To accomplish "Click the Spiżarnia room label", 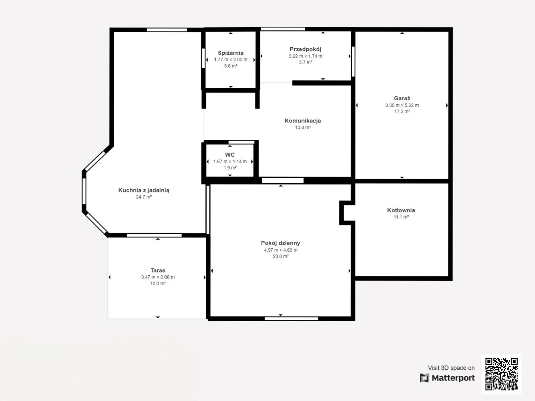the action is (230, 53).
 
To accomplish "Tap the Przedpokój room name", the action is (305, 49).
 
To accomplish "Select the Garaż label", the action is (402, 98).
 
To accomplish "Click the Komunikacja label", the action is (303, 121).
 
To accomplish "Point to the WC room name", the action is (230, 155).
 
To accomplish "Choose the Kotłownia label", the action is (401, 210).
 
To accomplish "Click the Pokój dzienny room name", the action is (280, 243).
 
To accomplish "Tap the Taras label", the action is (158, 270).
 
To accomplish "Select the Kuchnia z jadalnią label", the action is (144, 190).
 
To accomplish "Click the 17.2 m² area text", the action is (402, 111).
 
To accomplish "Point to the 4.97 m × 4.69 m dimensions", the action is (281, 250).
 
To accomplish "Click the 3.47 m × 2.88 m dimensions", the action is (158, 277).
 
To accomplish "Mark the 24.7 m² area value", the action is (144, 197).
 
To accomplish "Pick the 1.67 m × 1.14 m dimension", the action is (230, 161).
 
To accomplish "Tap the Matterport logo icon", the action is (424, 378).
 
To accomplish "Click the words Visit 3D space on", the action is (451, 368).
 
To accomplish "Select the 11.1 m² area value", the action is (401, 217).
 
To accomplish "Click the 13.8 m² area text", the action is (303, 127).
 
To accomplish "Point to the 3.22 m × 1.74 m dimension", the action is (306, 56).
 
